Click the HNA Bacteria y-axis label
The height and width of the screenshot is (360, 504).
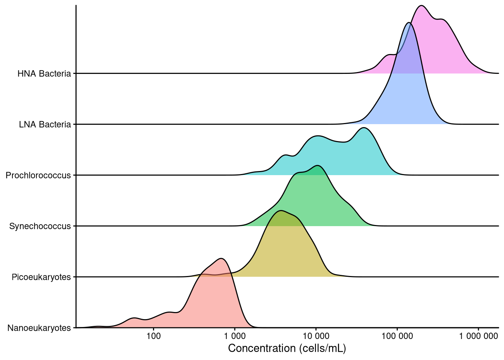click(x=44, y=73)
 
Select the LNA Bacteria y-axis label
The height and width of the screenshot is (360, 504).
click(x=45, y=124)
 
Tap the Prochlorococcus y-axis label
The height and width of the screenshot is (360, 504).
click(x=38, y=175)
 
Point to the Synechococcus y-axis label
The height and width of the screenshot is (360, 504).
click(x=40, y=226)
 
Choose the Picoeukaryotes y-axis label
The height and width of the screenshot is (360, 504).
click(x=41, y=277)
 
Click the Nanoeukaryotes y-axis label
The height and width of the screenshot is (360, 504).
click(x=39, y=328)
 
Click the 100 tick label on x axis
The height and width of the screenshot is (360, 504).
click(x=154, y=336)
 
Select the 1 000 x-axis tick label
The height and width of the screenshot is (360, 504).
click(x=235, y=336)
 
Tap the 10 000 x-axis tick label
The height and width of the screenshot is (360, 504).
click(x=316, y=336)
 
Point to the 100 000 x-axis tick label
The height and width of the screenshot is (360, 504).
click(x=397, y=336)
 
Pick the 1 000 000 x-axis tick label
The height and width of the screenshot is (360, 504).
click(x=478, y=336)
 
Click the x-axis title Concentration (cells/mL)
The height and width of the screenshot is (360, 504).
click(x=287, y=348)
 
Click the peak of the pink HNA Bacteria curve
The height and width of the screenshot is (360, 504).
click(x=422, y=6)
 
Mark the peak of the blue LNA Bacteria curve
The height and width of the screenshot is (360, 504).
click(x=409, y=23)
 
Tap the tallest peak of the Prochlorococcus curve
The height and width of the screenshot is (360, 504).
click(x=363, y=128)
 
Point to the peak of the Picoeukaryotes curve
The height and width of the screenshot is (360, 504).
click(x=281, y=210)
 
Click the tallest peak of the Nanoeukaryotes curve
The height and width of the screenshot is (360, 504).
click(x=222, y=258)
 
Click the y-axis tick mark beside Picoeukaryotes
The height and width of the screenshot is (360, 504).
click(x=74, y=277)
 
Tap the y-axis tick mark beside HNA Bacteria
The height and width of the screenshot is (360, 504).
click(x=74, y=73)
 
